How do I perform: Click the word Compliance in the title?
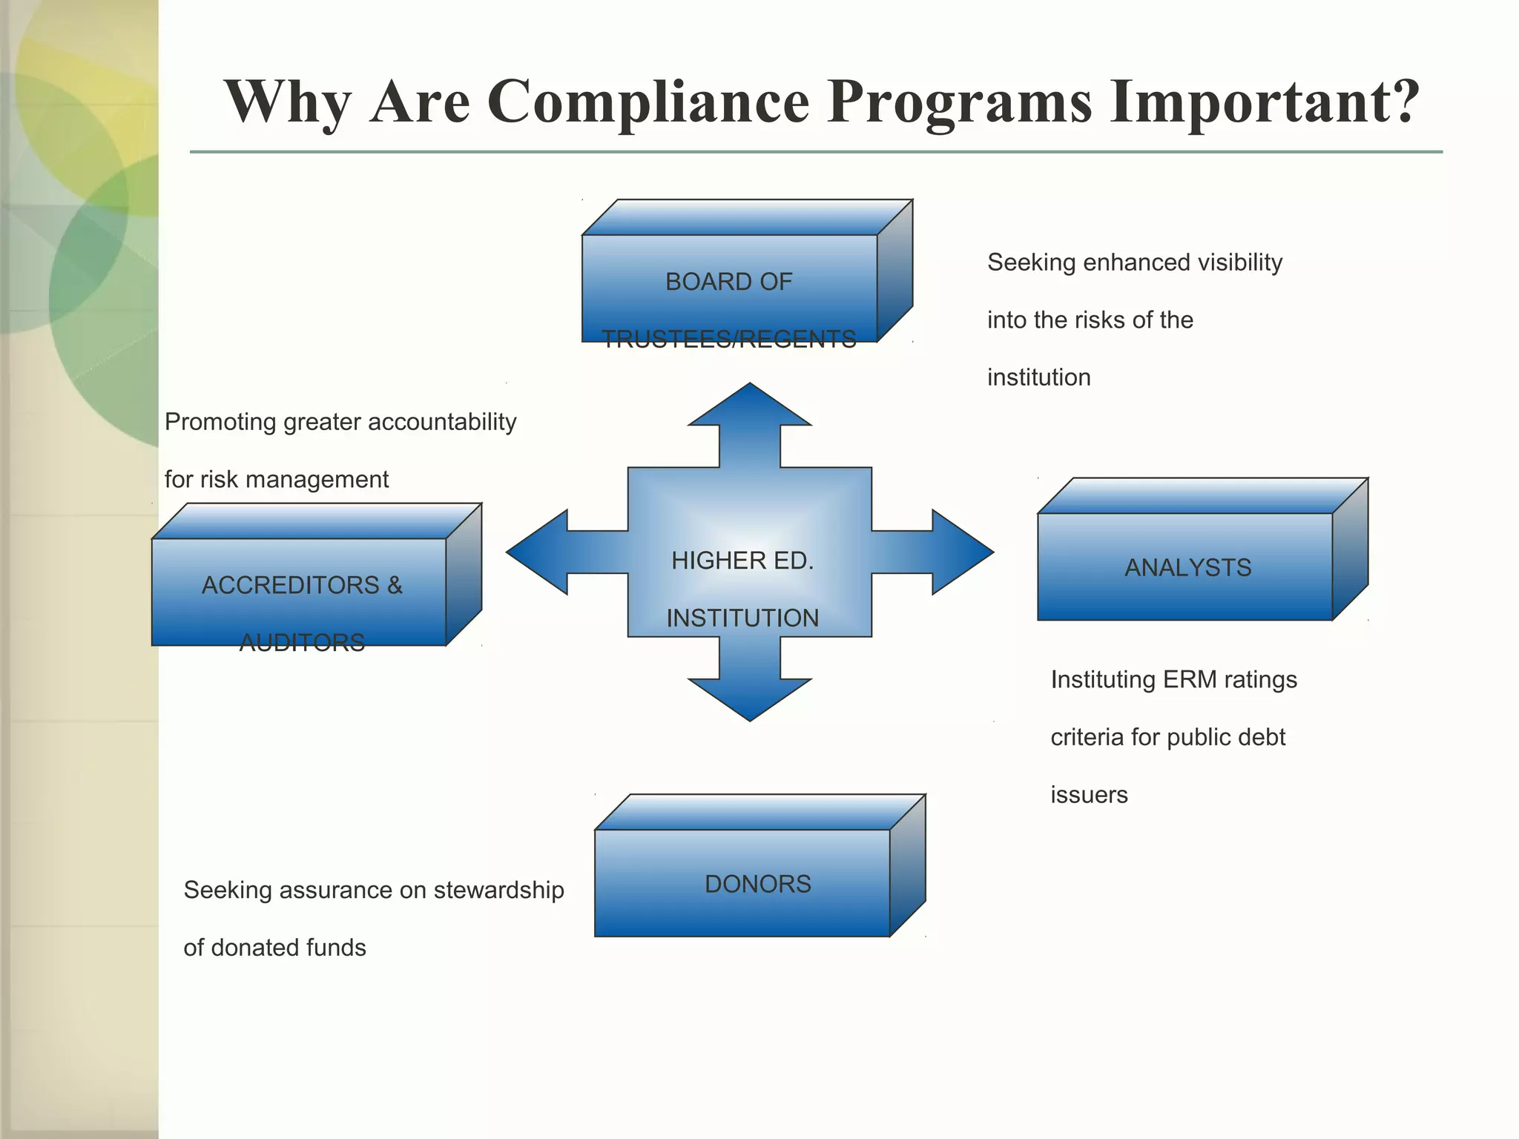click(648, 102)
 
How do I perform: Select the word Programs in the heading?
click(959, 102)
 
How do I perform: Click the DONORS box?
click(742, 882)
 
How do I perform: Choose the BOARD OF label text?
click(728, 282)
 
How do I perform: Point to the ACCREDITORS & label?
click(302, 585)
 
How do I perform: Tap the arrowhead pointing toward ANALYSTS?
click(963, 552)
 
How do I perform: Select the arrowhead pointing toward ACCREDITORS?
click(536, 552)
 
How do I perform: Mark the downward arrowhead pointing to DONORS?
click(750, 699)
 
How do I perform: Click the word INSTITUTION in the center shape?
click(742, 618)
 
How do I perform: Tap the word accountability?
click(442, 422)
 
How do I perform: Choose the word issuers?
click(1089, 795)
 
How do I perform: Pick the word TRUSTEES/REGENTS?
click(728, 340)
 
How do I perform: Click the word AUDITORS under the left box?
click(302, 642)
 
